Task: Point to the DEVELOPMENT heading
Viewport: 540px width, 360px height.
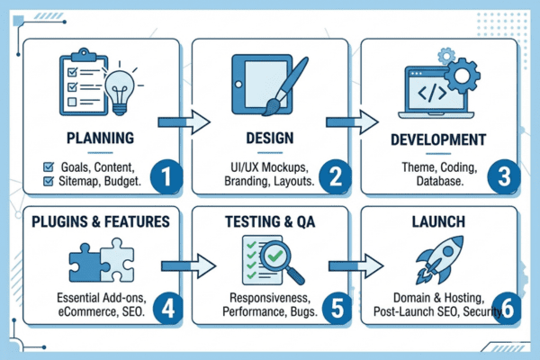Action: (x=439, y=141)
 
